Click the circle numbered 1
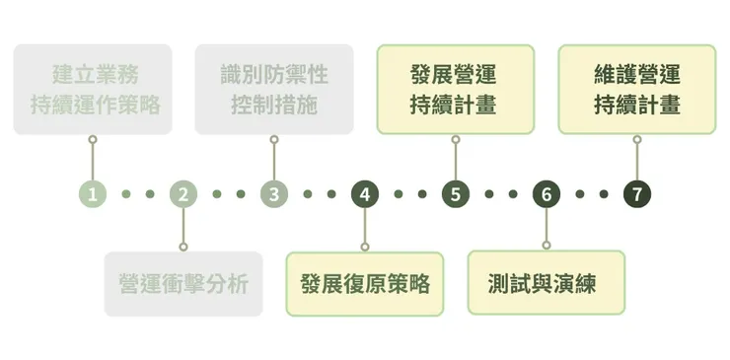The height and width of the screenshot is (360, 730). (x=92, y=194)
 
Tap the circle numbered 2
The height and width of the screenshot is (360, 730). (x=182, y=194)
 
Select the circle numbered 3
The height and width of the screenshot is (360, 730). (x=273, y=194)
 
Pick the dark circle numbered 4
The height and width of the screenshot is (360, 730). (x=364, y=194)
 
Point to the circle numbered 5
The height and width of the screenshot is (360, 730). (x=455, y=194)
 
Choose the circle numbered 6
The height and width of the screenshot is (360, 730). (x=546, y=194)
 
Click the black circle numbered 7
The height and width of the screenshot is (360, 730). (x=636, y=194)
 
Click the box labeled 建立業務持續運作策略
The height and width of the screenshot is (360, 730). (x=92, y=89)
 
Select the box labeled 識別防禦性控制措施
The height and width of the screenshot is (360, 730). (x=273, y=89)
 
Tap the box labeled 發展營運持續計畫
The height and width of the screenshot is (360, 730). (x=455, y=89)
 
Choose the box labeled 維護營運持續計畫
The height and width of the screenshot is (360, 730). (x=636, y=89)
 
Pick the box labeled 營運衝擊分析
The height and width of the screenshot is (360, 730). (x=182, y=284)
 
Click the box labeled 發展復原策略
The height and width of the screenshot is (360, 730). (x=364, y=284)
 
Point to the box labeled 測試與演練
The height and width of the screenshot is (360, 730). (x=546, y=284)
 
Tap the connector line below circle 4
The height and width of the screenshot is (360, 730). (x=364, y=226)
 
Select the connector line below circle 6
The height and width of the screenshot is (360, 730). (x=546, y=226)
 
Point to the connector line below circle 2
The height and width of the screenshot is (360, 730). (x=182, y=226)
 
